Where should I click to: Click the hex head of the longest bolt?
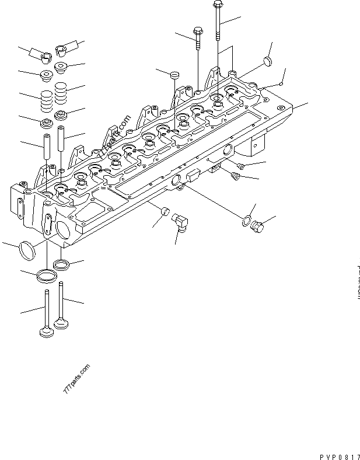click(217, 6)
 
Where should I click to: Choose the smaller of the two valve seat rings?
click(61, 266)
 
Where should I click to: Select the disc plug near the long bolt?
click(267, 61)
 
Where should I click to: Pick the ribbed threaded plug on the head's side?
click(236, 176)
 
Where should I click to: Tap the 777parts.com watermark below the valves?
click(76, 379)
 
